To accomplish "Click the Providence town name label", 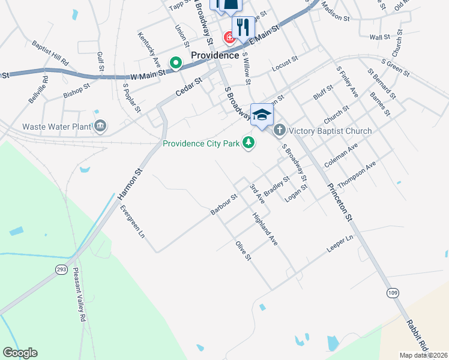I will [x=215, y=55].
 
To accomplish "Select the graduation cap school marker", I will [x=262, y=115].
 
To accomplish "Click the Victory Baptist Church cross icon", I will [x=279, y=130].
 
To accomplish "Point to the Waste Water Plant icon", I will [x=100, y=126].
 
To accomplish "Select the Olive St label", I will [x=243, y=250].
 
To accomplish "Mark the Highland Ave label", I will [x=265, y=229].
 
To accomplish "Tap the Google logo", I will [x=20, y=353].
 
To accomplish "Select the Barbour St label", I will [x=224, y=204].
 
